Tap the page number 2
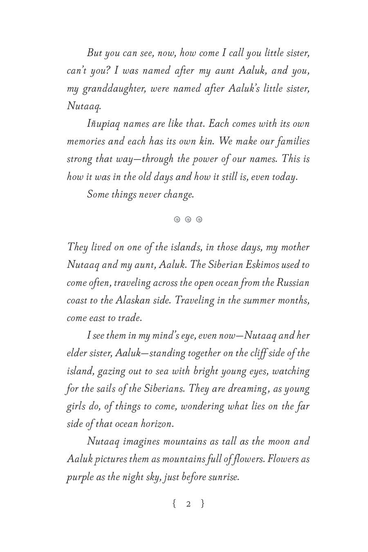(x=188, y=504)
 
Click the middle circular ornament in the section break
(x=188, y=220)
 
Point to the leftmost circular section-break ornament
(x=177, y=220)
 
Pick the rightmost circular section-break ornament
(x=199, y=220)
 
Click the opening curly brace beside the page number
(x=174, y=503)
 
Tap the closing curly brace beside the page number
(x=202, y=503)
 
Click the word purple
(x=80, y=477)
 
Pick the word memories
(x=85, y=141)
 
